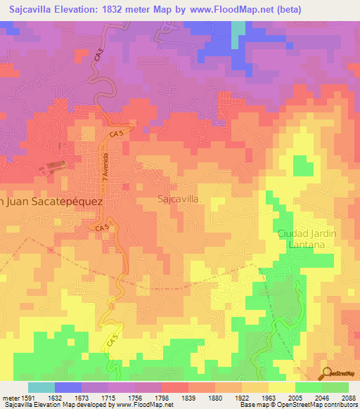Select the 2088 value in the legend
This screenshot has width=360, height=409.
tap(349, 397)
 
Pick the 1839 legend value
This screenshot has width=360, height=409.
tap(188, 397)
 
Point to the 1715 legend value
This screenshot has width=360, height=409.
tap(108, 397)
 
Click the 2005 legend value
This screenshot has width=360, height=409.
tap(295, 397)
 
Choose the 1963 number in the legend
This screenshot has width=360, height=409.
tap(269, 397)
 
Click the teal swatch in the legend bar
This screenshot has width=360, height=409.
tap(41, 387)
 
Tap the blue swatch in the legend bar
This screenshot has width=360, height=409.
tap(68, 387)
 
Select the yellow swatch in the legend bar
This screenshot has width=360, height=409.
tap(282, 387)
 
